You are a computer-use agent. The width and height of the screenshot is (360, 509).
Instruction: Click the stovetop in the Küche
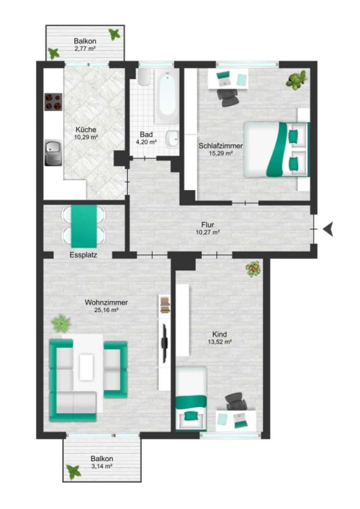click(x=53, y=102)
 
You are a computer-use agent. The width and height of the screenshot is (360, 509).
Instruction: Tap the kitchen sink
click(x=53, y=153)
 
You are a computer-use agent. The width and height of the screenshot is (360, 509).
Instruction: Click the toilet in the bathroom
click(x=144, y=77)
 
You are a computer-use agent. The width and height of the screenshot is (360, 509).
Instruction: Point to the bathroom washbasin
click(x=172, y=140)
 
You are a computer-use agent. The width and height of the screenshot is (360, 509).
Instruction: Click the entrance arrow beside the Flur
click(x=328, y=229)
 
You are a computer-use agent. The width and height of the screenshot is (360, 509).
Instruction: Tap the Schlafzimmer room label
click(x=221, y=146)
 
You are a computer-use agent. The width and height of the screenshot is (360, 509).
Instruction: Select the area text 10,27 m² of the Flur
click(x=208, y=232)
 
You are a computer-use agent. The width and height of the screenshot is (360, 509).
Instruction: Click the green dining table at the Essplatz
click(x=84, y=226)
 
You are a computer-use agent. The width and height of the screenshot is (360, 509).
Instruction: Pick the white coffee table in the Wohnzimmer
click(x=86, y=367)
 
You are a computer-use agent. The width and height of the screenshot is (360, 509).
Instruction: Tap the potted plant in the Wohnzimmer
click(x=61, y=323)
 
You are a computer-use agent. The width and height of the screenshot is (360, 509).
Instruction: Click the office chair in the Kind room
click(x=236, y=402)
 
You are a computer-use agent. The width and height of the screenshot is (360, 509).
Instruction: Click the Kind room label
click(x=220, y=334)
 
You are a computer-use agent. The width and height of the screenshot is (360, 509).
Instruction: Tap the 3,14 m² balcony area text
click(x=102, y=466)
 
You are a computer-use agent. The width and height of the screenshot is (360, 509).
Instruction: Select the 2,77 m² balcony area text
click(x=85, y=48)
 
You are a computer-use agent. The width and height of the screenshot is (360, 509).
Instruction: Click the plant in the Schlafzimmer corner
click(x=296, y=80)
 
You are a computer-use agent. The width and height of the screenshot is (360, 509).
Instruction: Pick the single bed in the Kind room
click(x=191, y=399)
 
